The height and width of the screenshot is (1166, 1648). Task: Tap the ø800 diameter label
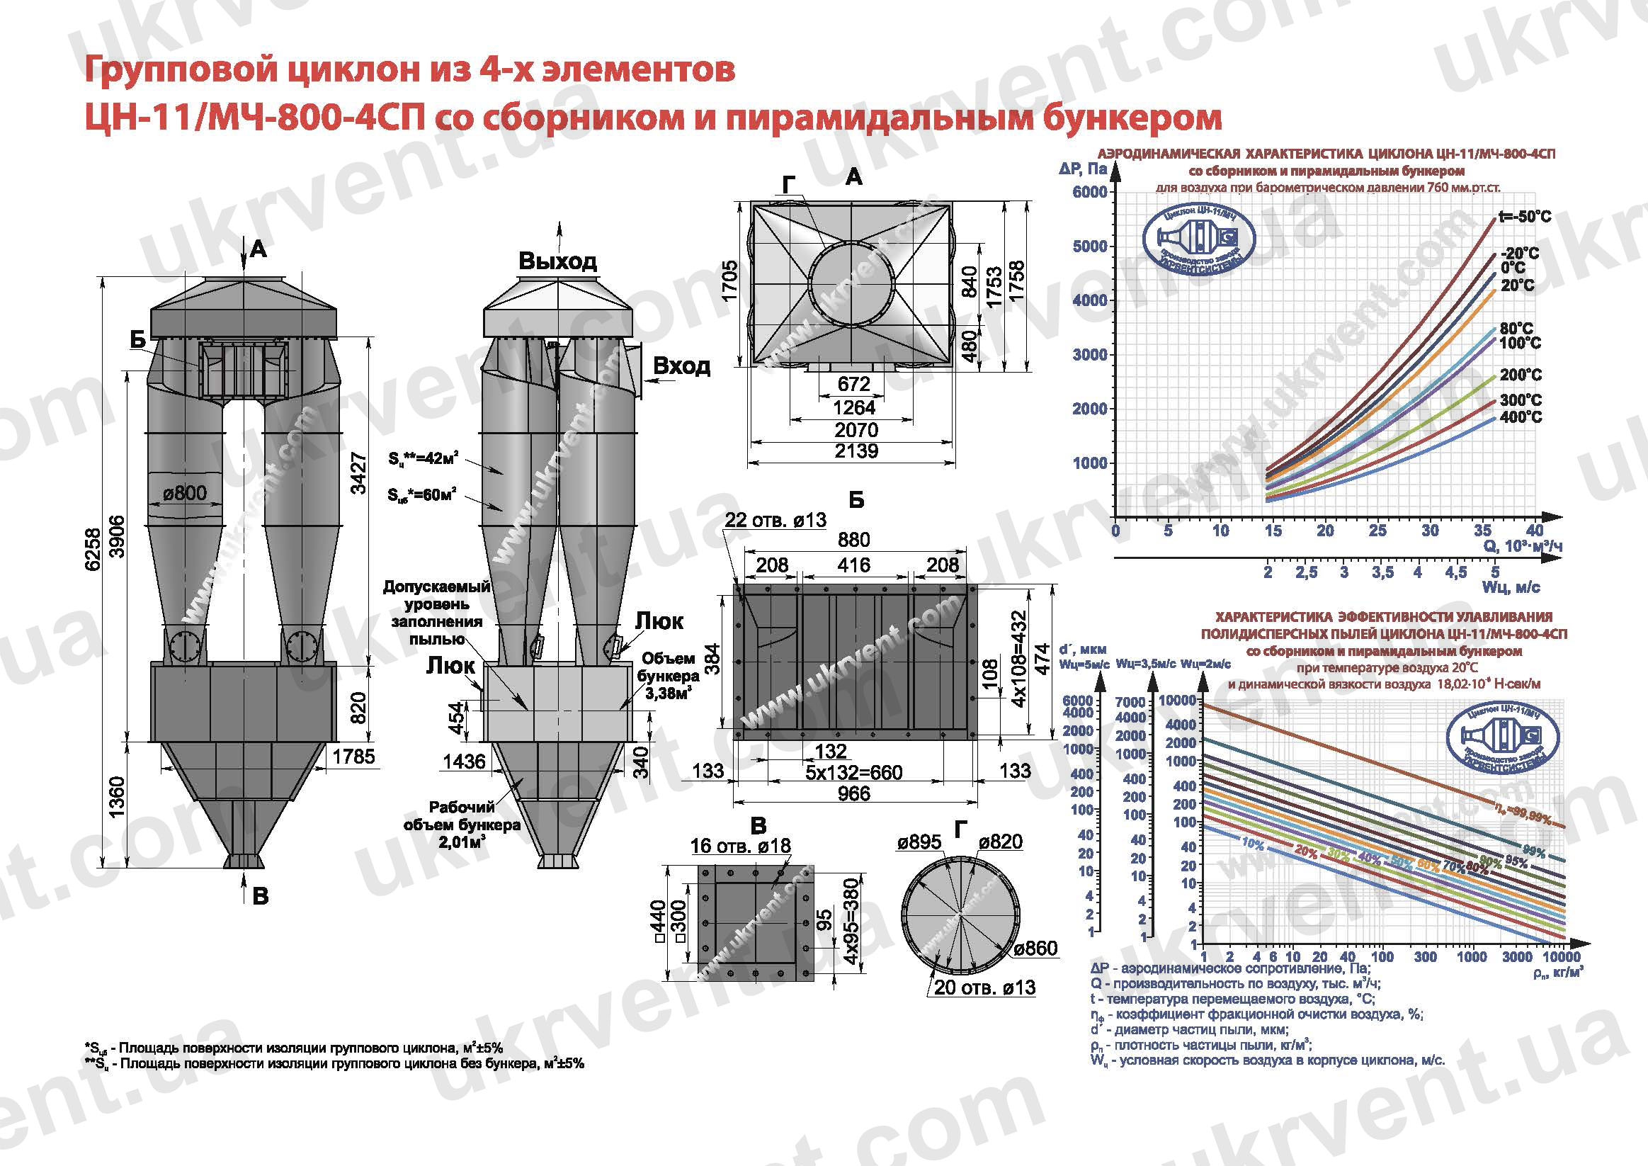pyautogui.click(x=184, y=493)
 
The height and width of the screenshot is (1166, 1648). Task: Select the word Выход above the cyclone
pyautogui.click(x=557, y=261)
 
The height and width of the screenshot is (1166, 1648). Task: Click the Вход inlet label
pyautogui.click(x=681, y=366)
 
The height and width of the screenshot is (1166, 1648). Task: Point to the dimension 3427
pyautogui.click(x=358, y=473)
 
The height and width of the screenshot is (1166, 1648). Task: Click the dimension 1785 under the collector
pyautogui.click(x=354, y=756)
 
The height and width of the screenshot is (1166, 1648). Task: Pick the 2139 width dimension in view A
pyautogui.click(x=856, y=451)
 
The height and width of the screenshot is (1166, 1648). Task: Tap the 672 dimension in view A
pyautogui.click(x=854, y=385)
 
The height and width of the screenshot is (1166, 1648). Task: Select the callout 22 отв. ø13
pyautogui.click(x=775, y=520)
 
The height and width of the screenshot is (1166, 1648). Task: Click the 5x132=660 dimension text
pyautogui.click(x=853, y=773)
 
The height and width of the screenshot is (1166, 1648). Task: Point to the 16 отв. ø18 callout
pyautogui.click(x=740, y=846)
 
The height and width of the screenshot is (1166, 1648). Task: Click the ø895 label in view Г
pyautogui.click(x=919, y=842)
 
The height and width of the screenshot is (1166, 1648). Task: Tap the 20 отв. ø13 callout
pyautogui.click(x=985, y=988)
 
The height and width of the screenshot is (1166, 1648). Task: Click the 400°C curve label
pyautogui.click(x=1521, y=417)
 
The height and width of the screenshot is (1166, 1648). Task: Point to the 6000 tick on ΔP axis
pyautogui.click(x=1089, y=193)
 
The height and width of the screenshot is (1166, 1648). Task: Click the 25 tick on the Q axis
pyautogui.click(x=1377, y=531)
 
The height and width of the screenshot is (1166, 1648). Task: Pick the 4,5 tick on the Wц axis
pyautogui.click(x=1456, y=572)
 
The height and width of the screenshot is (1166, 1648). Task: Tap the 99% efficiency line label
pyautogui.click(x=1534, y=852)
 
